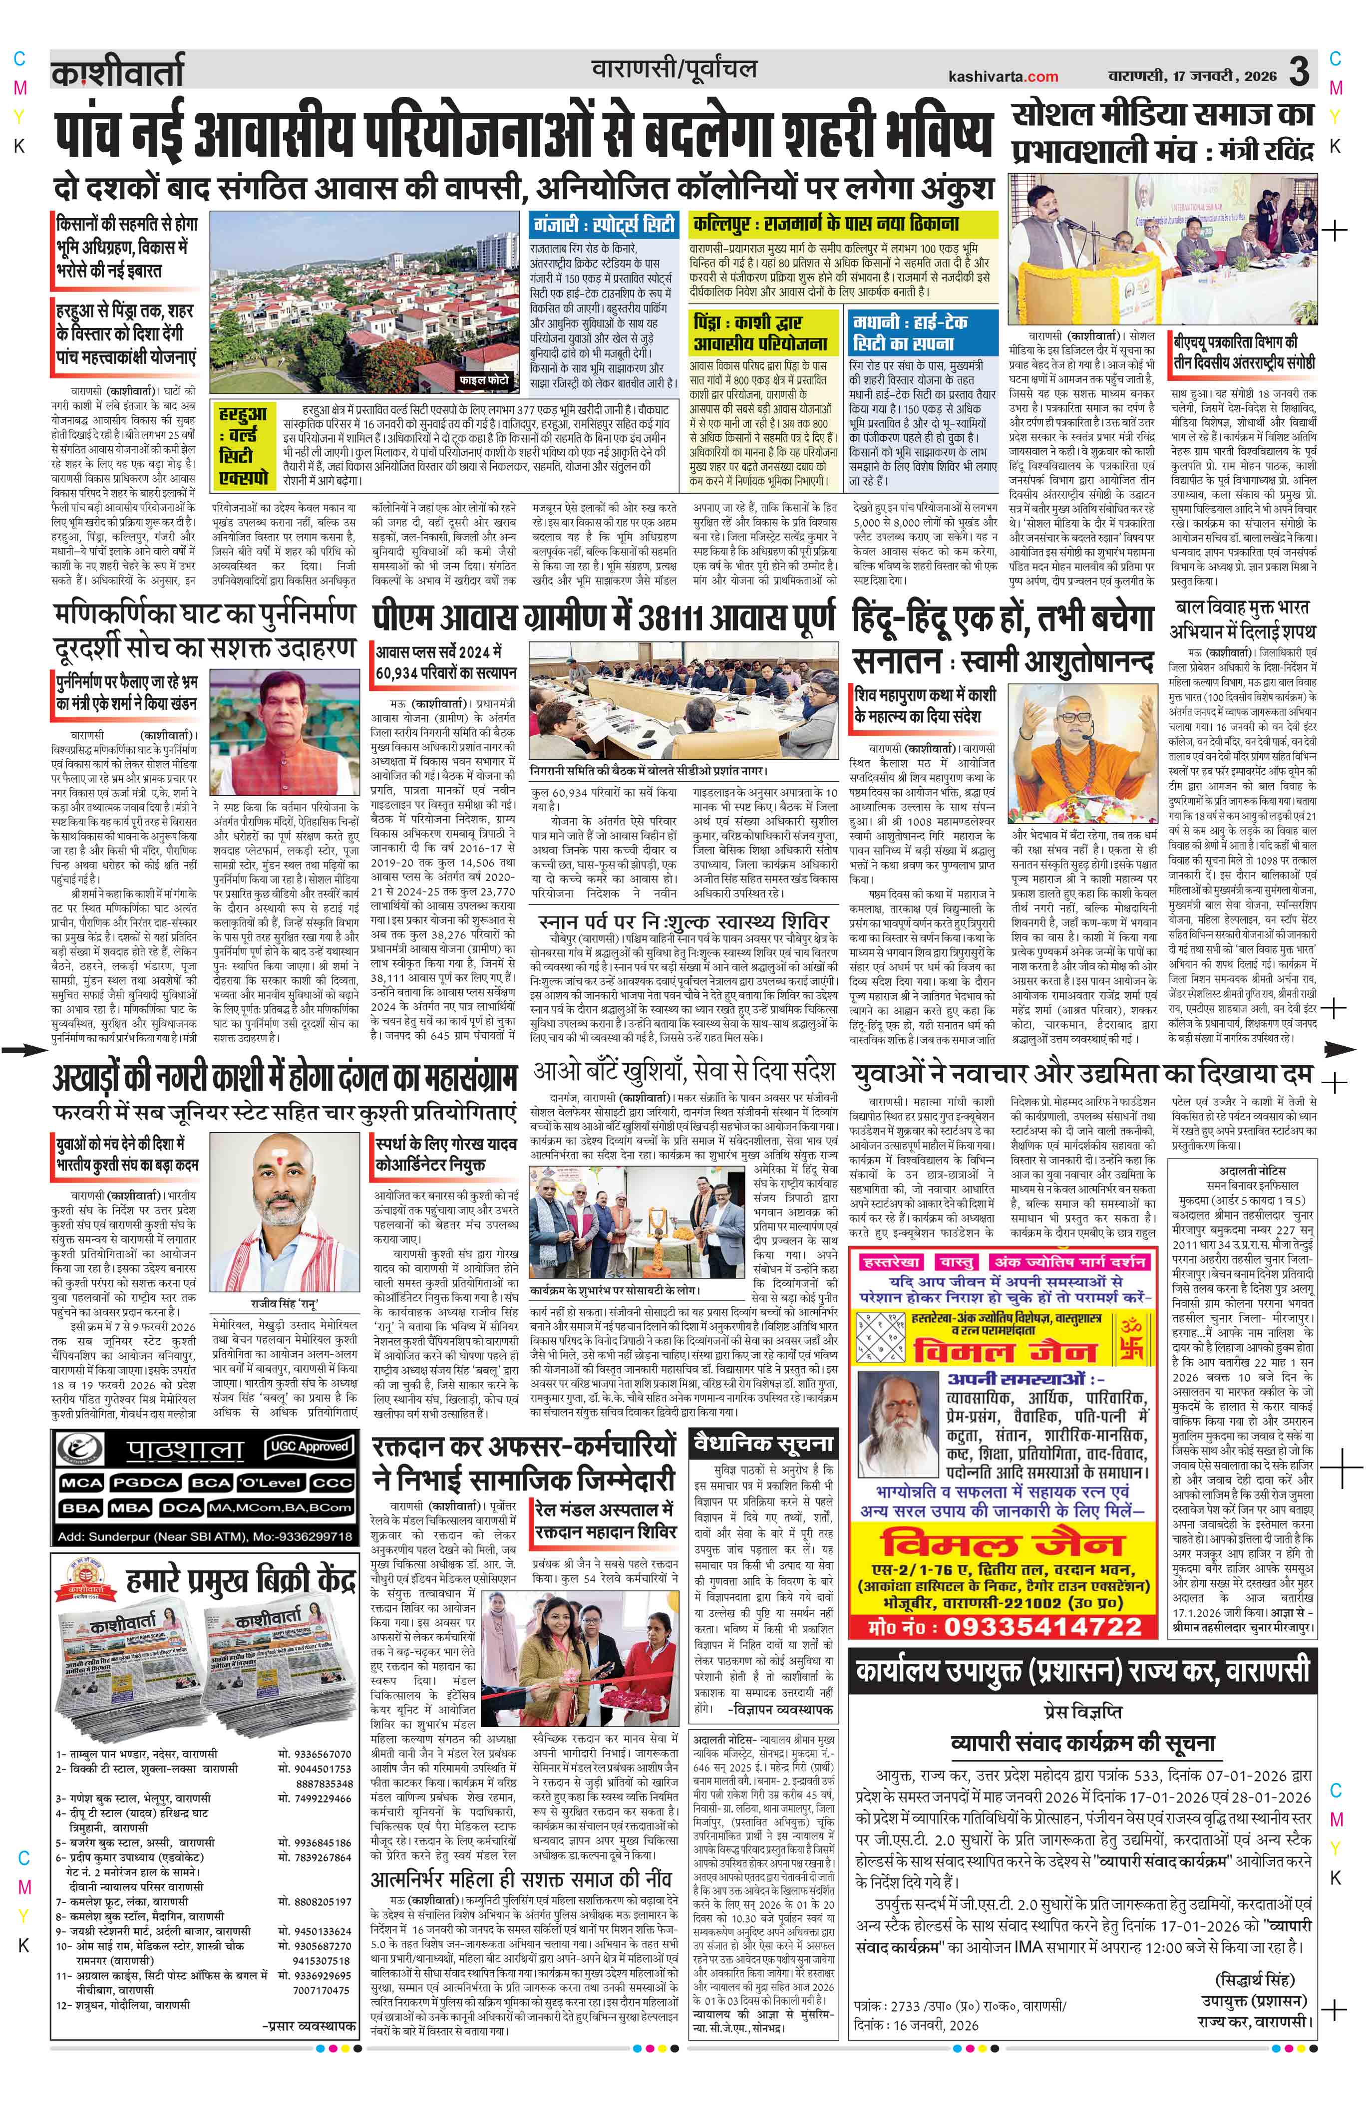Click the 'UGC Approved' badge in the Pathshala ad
coord(307,1447)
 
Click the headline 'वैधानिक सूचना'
coord(763,1444)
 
